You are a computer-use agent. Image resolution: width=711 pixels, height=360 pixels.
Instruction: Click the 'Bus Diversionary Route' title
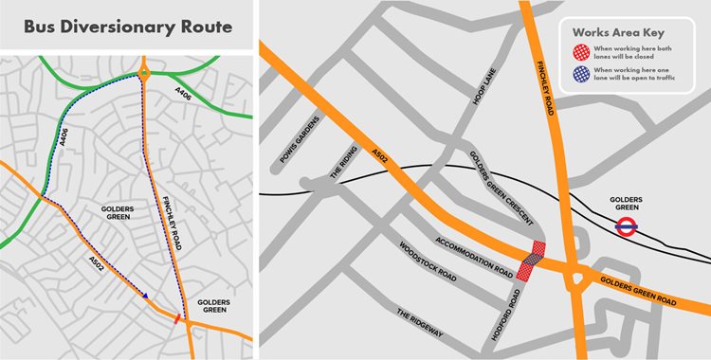pos(128,26)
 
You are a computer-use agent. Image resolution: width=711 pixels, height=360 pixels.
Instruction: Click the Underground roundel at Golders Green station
pos(626,225)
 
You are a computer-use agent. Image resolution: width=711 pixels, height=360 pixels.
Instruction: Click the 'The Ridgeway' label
pos(420,323)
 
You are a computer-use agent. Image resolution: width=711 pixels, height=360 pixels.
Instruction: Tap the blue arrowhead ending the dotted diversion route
pos(146,297)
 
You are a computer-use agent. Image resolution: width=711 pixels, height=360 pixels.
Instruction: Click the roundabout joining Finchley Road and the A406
pos(143,72)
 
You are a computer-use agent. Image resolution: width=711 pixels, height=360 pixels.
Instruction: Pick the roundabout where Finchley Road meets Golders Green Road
pos(574,278)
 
